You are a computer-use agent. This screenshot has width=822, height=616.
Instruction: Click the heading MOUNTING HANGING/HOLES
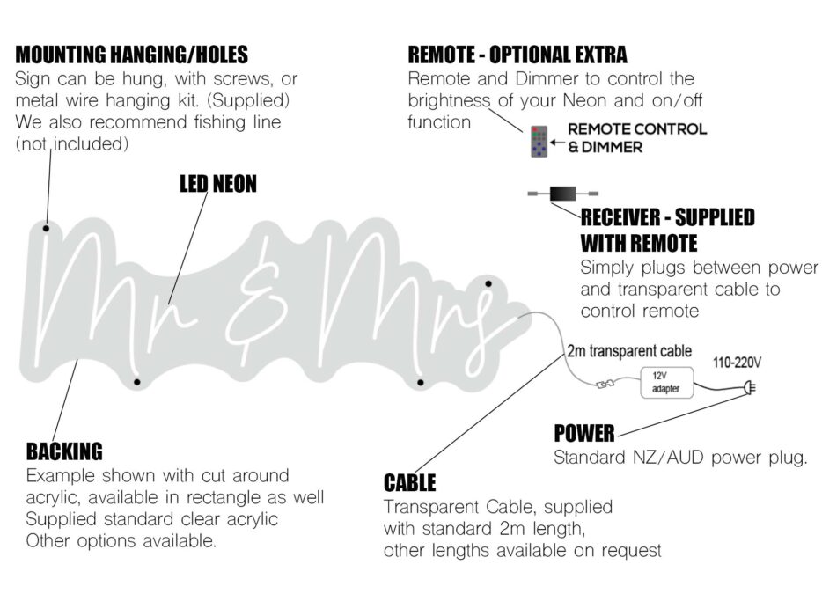[x=132, y=55]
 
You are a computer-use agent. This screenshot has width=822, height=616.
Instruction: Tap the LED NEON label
[x=218, y=183]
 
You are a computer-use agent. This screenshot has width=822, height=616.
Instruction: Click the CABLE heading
[x=409, y=482]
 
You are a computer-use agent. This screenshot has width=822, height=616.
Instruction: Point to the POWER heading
[x=583, y=433]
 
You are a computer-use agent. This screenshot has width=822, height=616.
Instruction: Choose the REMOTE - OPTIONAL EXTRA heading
[x=517, y=55]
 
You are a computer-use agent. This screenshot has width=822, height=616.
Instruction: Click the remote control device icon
[x=539, y=141]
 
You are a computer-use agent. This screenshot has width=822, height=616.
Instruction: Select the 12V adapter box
[x=665, y=381]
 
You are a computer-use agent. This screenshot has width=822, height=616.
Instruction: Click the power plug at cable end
[x=750, y=385]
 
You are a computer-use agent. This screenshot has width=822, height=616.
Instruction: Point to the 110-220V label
[x=738, y=362]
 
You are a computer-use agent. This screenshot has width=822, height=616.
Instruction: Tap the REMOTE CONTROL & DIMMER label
[x=636, y=138]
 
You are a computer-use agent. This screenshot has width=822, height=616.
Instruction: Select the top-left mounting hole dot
[x=46, y=229]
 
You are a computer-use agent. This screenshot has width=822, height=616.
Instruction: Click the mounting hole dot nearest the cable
[x=489, y=283]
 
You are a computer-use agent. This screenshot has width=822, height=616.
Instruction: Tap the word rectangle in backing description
[x=252, y=497]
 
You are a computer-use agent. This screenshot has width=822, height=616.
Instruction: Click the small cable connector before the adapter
[x=605, y=384]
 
